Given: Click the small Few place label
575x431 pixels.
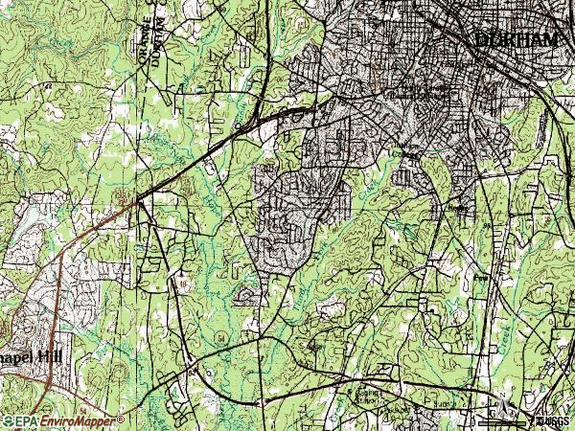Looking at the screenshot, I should pyautogui.click(x=482, y=279).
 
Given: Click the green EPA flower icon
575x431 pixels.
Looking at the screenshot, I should pyautogui.click(x=6, y=420).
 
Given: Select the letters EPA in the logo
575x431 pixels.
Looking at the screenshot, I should pyautogui.click(x=22, y=420).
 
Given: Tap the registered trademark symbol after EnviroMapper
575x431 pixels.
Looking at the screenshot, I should pyautogui.click(x=121, y=419).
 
